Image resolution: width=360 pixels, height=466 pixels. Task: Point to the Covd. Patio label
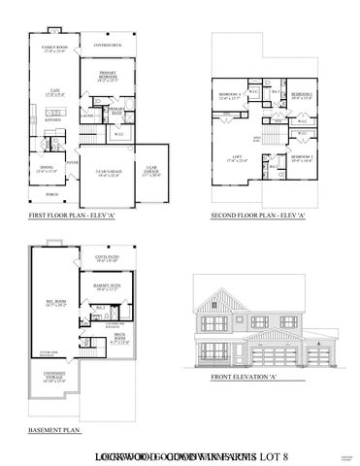tap(107, 258)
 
